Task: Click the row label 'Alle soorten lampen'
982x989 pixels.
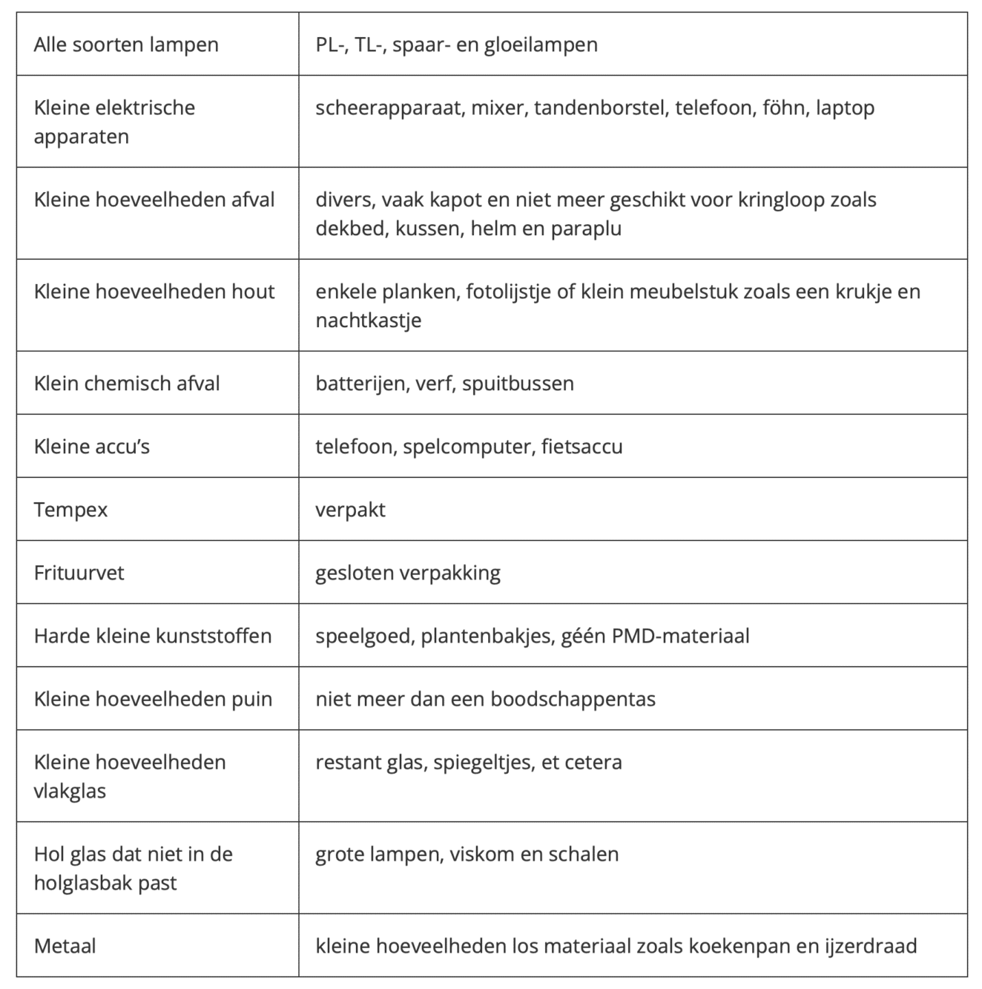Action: pyautogui.click(x=126, y=45)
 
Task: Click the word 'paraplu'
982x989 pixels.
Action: pyautogui.click(x=586, y=229)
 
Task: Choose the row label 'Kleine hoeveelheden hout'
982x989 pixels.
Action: pyautogui.click(x=154, y=292)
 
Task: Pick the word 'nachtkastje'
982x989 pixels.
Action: pyautogui.click(x=369, y=321)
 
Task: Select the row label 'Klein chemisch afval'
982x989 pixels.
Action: pyautogui.click(x=127, y=384)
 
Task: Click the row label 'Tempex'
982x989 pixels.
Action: pyautogui.click(x=70, y=510)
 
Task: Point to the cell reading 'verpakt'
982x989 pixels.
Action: pyautogui.click(x=350, y=510)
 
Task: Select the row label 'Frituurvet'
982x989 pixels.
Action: pyautogui.click(x=79, y=573)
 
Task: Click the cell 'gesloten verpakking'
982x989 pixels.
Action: pyautogui.click(x=408, y=573)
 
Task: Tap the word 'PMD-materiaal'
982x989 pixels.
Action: pyautogui.click(x=680, y=636)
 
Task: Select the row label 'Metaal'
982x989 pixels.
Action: pyautogui.click(x=65, y=946)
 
